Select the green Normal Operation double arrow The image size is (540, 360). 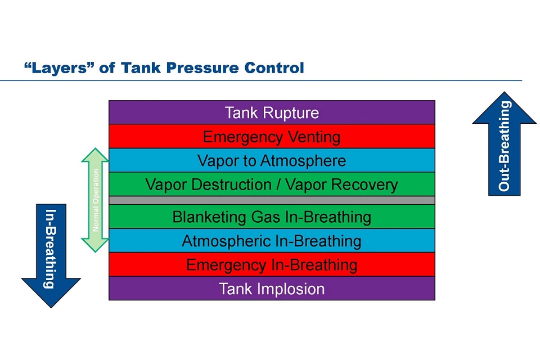click(x=96, y=200)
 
